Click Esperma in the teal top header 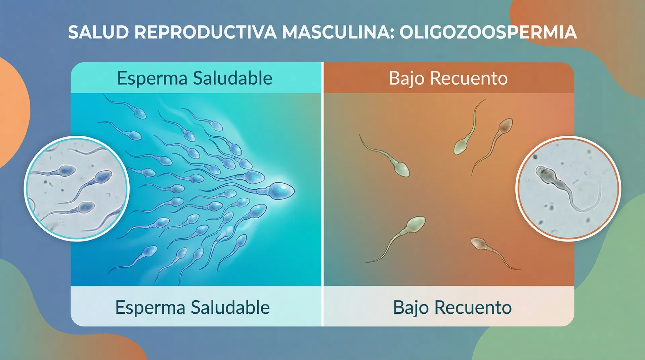pos(152,79)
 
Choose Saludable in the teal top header pos(233,79)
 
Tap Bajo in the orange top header pos(407,79)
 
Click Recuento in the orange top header pos(469,79)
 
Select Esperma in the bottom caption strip pos(150,308)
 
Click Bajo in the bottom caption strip pos(411,308)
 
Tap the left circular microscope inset pos(77,188)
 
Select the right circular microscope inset pos(568,188)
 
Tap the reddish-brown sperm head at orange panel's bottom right pos(478,243)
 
